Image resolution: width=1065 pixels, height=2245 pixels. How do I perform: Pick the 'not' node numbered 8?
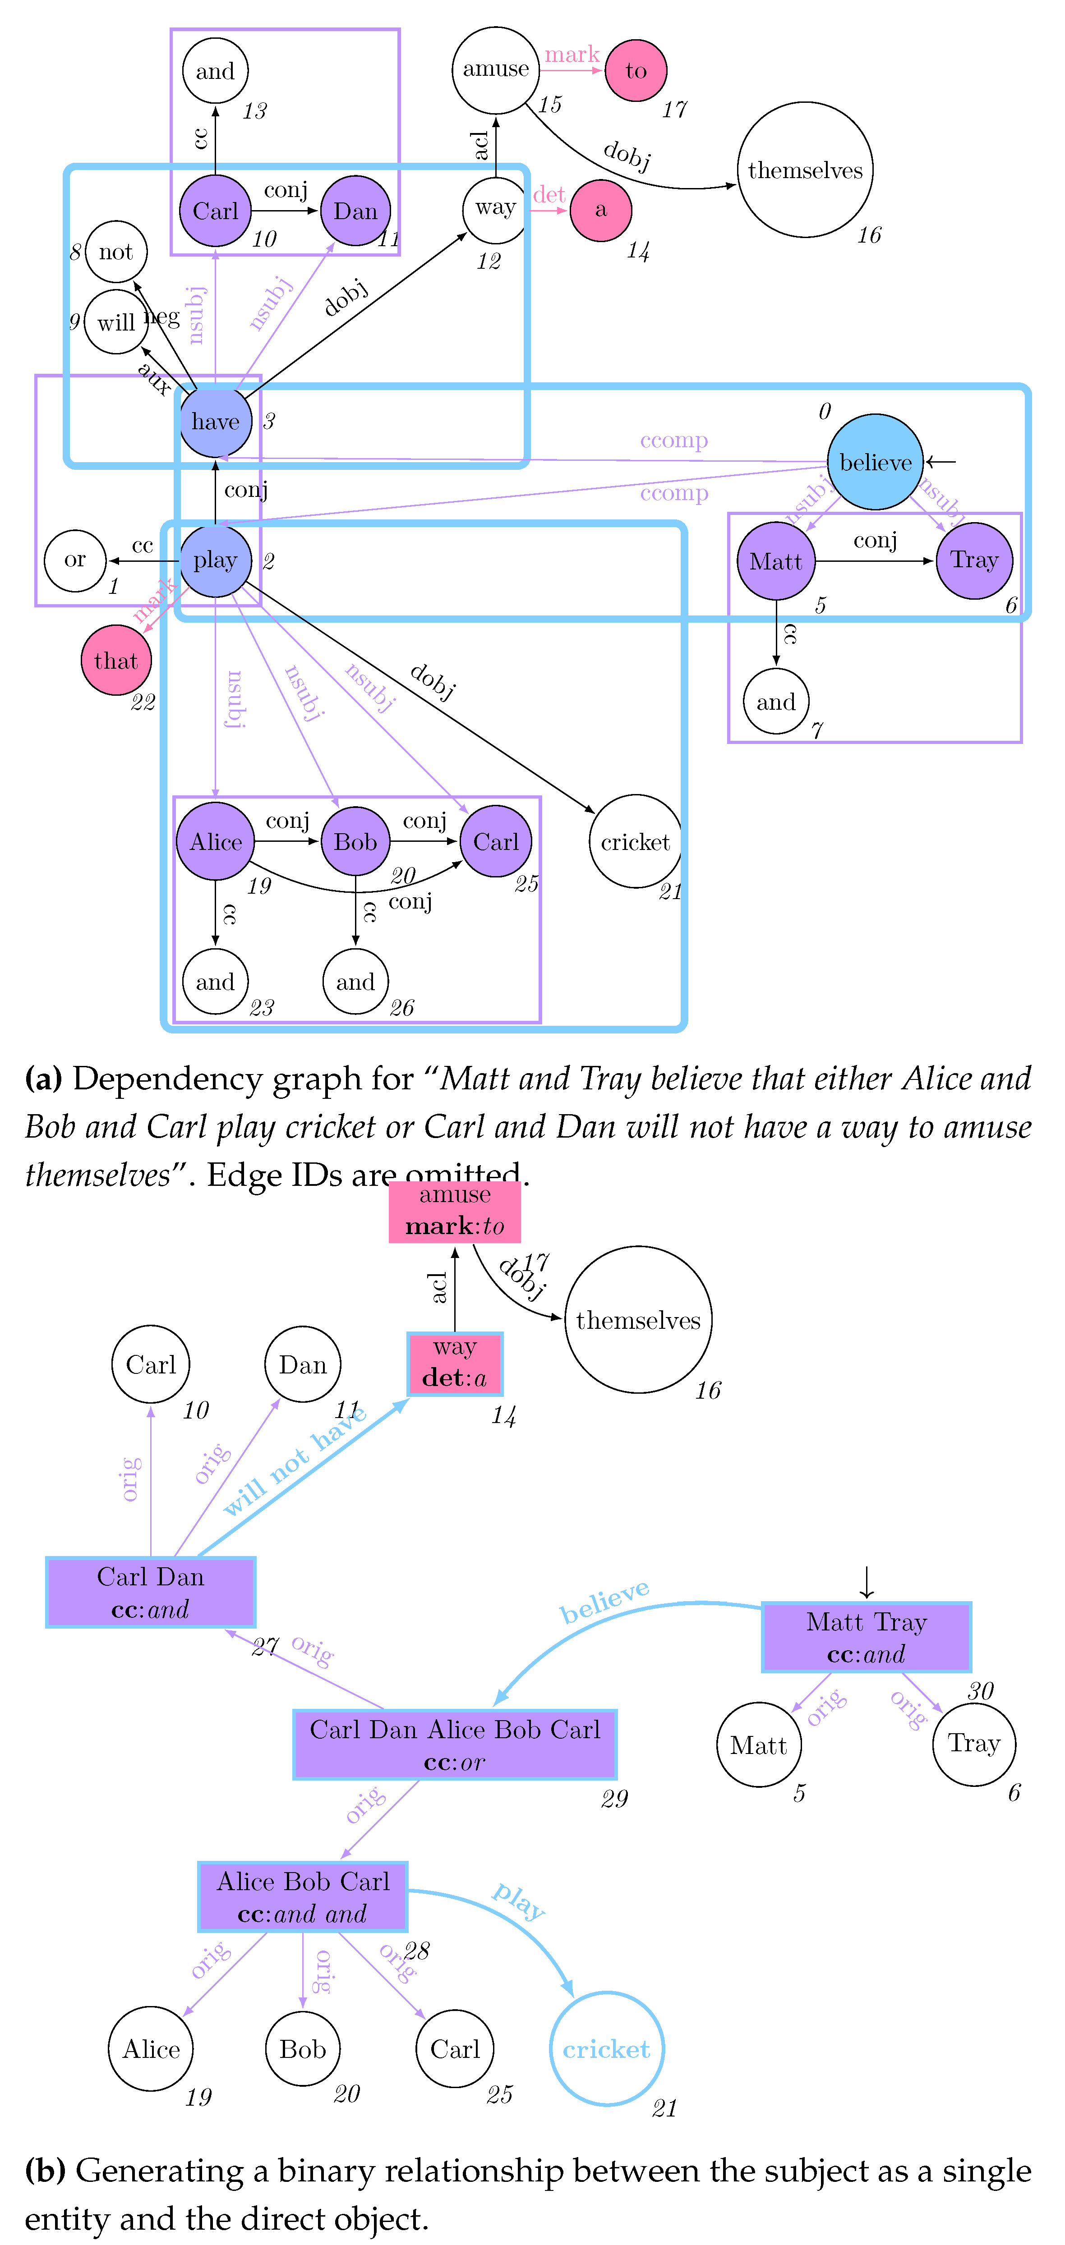116,252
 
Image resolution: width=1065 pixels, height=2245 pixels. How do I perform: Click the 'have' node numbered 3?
215,421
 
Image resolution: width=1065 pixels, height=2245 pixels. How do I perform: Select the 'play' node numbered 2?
215,560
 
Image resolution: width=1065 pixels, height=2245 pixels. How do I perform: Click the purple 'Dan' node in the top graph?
355,211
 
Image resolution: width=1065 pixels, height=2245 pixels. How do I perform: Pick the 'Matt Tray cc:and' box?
866,1637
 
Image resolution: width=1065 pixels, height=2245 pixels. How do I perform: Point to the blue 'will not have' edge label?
295,1460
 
